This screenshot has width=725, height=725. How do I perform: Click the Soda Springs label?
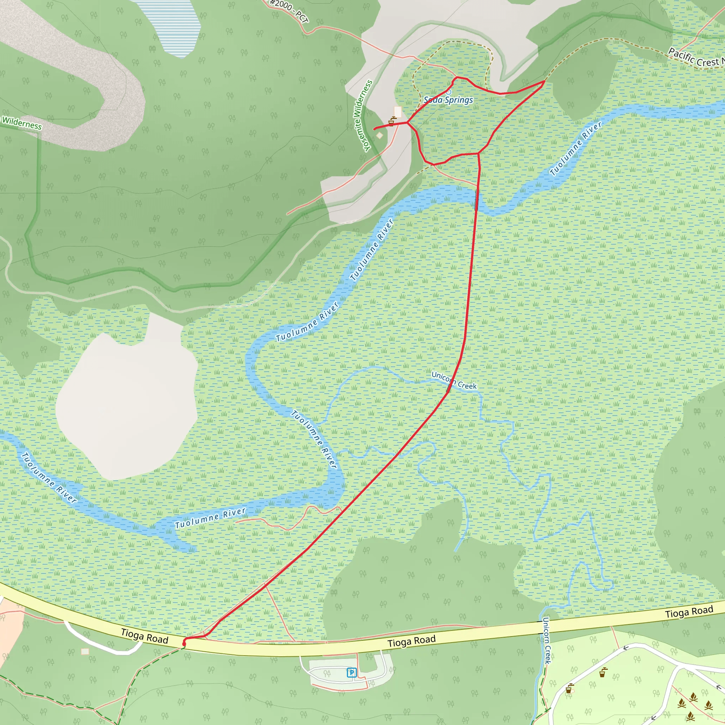click(448, 100)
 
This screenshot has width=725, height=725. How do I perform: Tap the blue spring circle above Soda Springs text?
click(449, 92)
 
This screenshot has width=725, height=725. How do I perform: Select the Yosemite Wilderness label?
click(363, 115)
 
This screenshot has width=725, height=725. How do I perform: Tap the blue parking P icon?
click(351, 673)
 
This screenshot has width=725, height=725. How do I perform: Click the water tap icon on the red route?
click(392, 121)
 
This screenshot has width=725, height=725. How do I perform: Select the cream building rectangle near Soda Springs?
click(398, 112)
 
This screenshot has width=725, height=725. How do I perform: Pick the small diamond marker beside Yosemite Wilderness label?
click(380, 135)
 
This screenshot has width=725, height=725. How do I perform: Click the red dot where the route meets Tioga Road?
click(184, 644)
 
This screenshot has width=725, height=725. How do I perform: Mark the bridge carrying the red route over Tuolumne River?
click(477, 199)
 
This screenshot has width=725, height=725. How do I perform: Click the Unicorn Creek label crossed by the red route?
click(454, 381)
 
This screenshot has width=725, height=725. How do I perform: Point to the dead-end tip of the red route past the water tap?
click(375, 129)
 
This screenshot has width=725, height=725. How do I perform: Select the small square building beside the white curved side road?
click(85, 651)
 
